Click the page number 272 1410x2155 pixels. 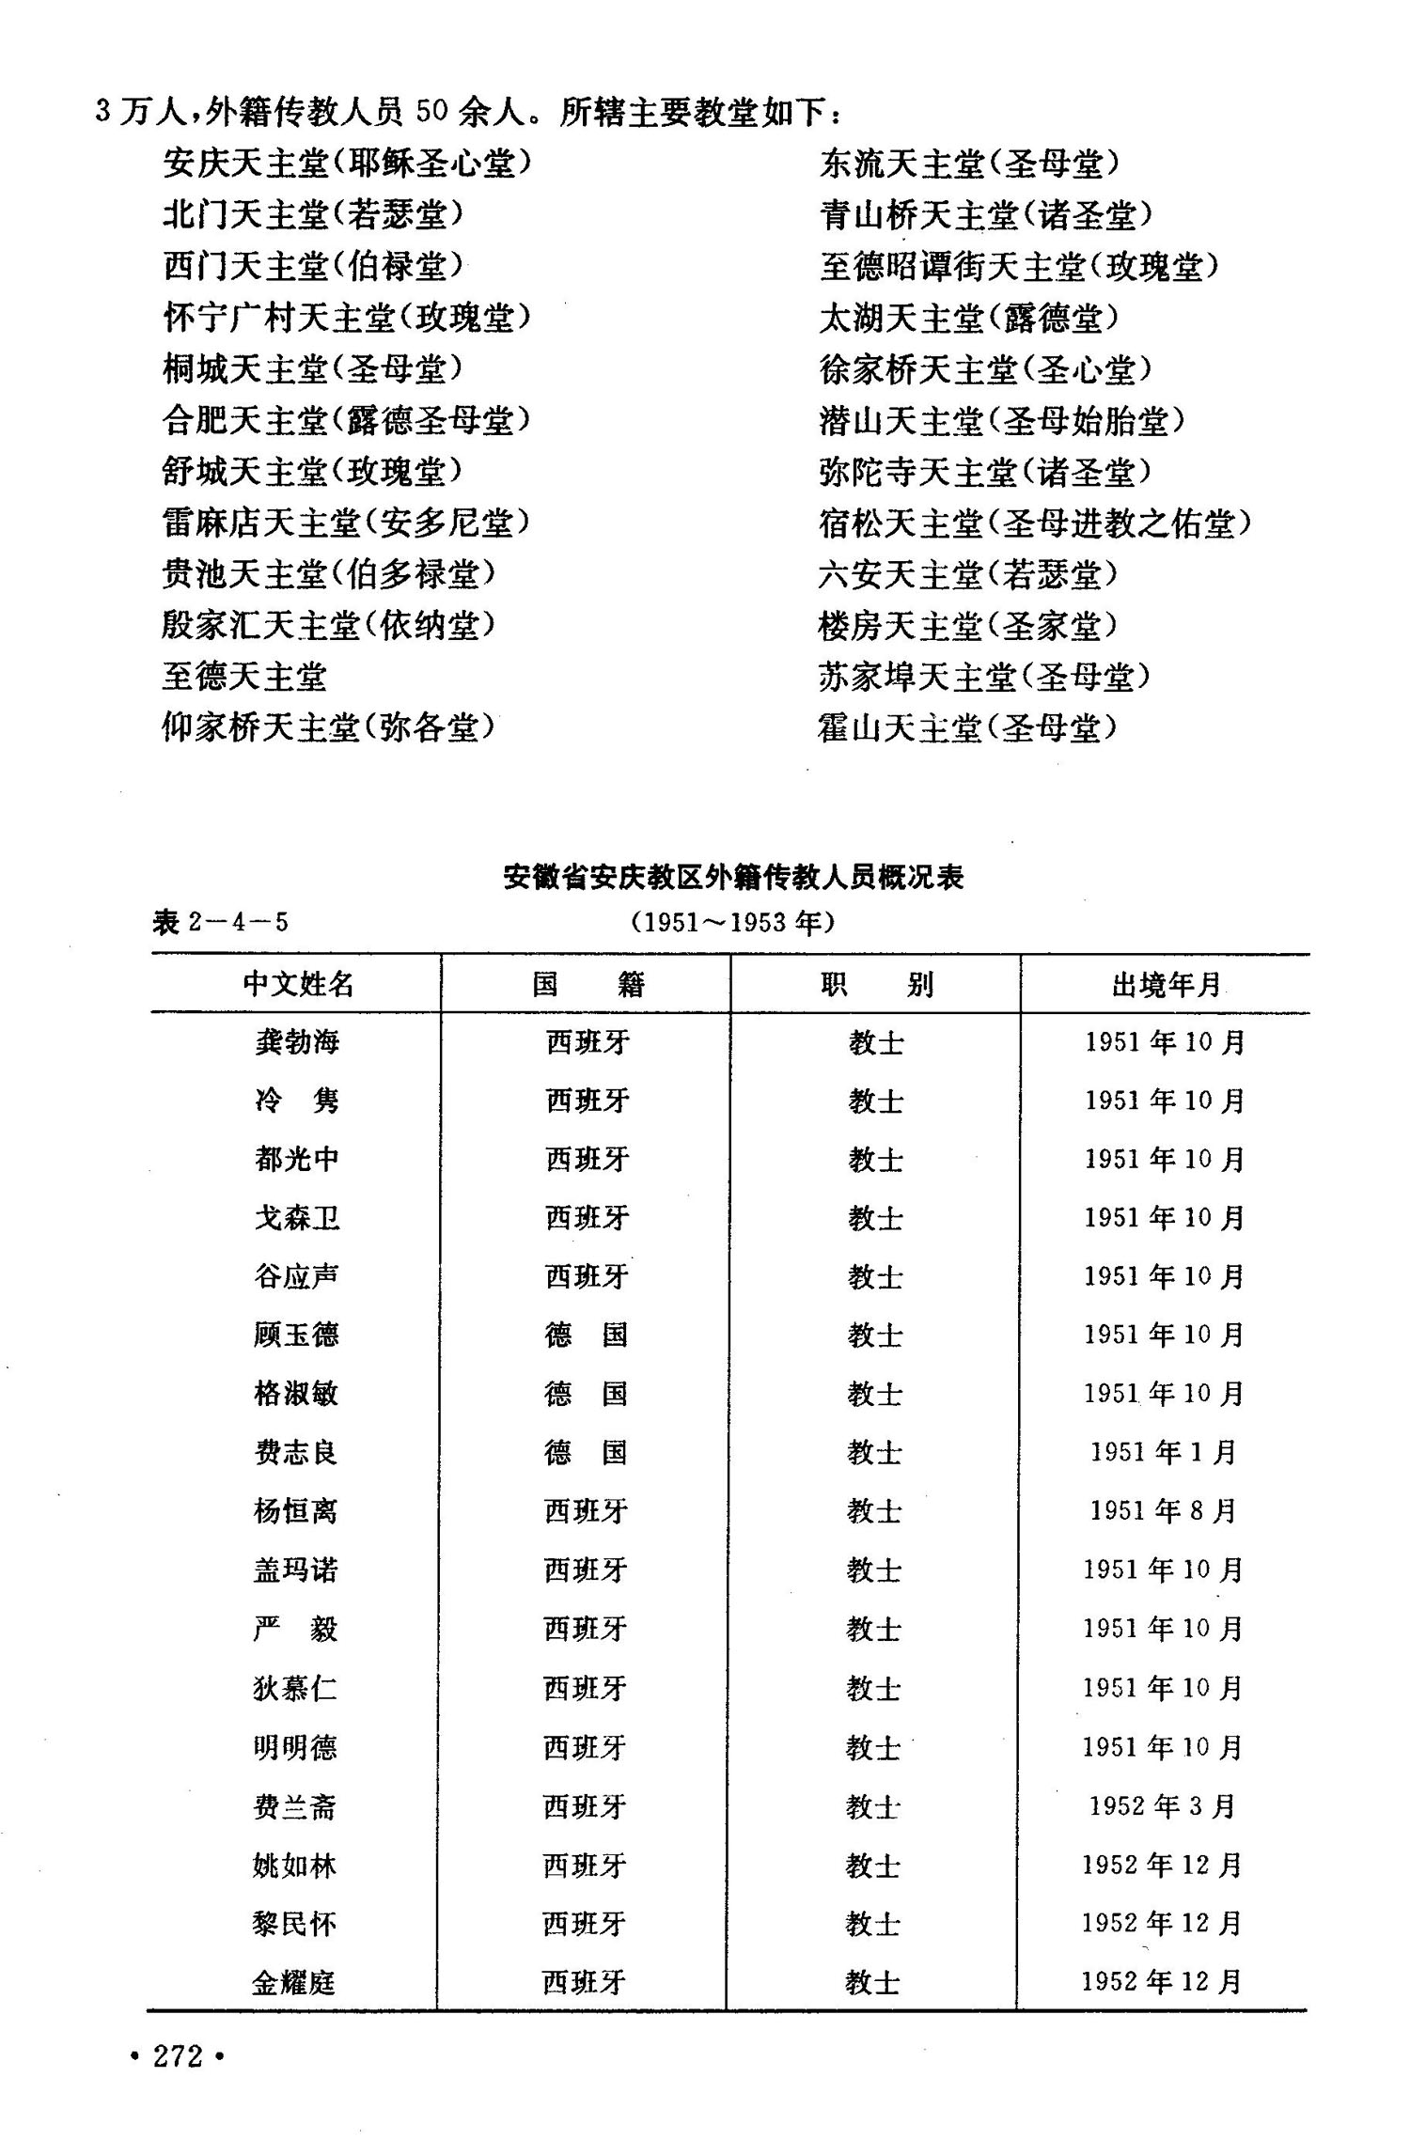tap(178, 2056)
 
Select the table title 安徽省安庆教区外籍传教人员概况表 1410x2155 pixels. tap(733, 877)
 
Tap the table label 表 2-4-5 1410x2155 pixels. tap(220, 922)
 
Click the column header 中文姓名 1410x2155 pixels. tap(298, 984)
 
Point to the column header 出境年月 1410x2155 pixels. tap(1166, 984)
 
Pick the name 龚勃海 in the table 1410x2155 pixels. tap(297, 1041)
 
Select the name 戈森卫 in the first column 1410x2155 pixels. tap(297, 1218)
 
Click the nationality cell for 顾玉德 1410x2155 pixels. tap(586, 1335)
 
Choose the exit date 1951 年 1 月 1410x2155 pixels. tap(1164, 1452)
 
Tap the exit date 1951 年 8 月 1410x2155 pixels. tap(1164, 1510)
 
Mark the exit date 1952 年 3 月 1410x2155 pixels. tap(1163, 1805)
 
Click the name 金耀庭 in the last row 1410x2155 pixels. tap(293, 1982)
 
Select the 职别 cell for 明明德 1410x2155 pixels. tap(874, 1747)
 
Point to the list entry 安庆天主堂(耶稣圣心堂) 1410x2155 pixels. tap(347, 164)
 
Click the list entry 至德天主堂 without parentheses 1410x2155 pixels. tap(244, 676)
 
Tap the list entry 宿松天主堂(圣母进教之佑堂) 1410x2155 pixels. tap(1035, 523)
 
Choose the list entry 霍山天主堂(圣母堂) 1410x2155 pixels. tap(968, 726)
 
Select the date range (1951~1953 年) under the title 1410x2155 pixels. tap(732, 922)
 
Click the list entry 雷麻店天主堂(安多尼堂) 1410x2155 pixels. tap(346, 523)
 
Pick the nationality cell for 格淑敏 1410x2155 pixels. tap(586, 1393)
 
